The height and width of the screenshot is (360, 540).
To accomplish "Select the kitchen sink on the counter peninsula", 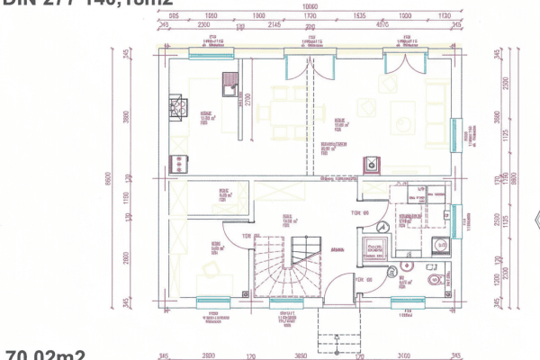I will pos(230,87).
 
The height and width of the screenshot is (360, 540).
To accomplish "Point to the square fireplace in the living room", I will pos(370,163).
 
